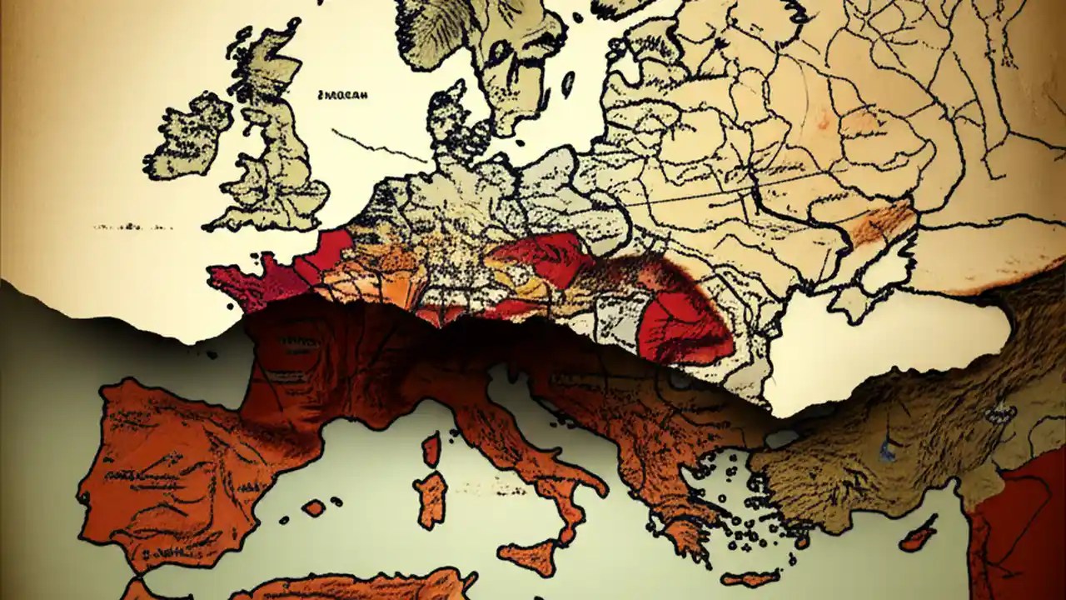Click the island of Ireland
(190, 137)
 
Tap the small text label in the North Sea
(343, 95)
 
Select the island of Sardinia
(431, 497)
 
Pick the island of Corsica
(431, 450)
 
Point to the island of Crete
(750, 577)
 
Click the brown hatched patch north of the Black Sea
(883, 221)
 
